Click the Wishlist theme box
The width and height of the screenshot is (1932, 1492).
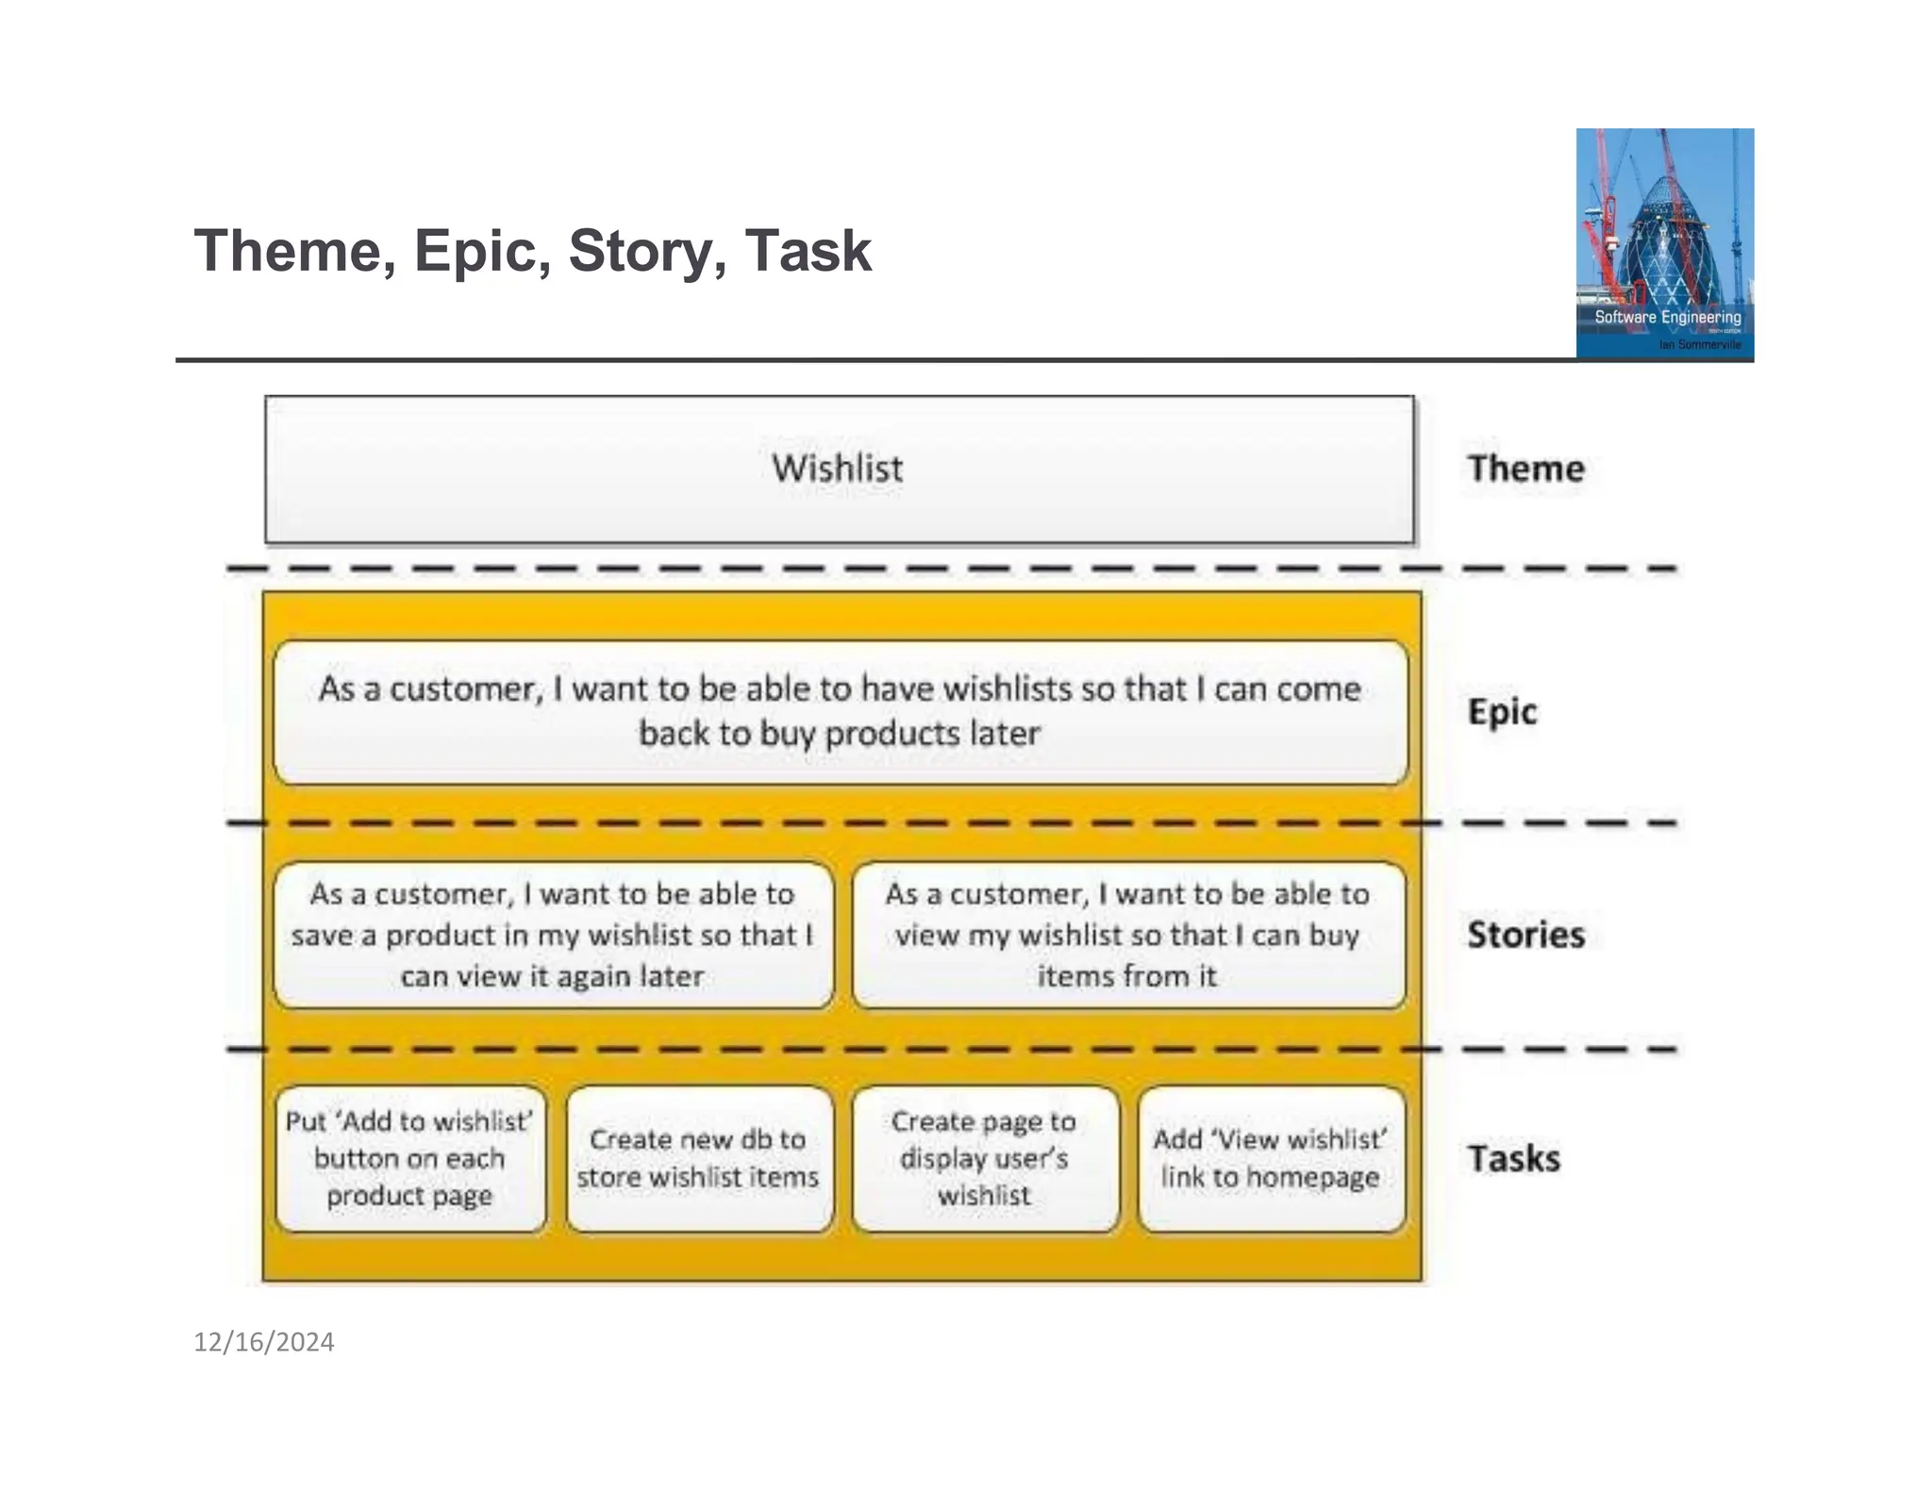pyautogui.click(x=839, y=469)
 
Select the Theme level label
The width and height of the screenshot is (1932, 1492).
pyautogui.click(x=1525, y=469)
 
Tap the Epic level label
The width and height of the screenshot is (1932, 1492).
pyautogui.click(x=1502, y=712)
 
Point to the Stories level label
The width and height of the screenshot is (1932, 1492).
pyautogui.click(x=1525, y=935)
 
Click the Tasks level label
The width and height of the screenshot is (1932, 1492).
pyautogui.click(x=1513, y=1158)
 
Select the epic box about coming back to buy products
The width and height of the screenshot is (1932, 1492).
pyautogui.click(x=840, y=712)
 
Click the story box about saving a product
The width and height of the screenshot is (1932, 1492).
pyautogui.click(x=553, y=935)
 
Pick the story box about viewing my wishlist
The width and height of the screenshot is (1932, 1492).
pyautogui.click(x=1128, y=935)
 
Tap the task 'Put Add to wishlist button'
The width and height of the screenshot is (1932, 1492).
pyautogui.click(x=410, y=1158)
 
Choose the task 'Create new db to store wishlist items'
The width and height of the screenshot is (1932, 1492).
pyautogui.click(x=699, y=1158)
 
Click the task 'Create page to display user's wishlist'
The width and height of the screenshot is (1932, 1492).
pyautogui.click(x=985, y=1158)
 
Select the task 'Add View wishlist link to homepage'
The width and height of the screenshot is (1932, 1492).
pyautogui.click(x=1271, y=1158)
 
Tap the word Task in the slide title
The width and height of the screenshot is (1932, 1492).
pyautogui.click(x=808, y=252)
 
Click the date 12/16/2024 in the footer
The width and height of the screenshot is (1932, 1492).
pyautogui.click(x=264, y=1342)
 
